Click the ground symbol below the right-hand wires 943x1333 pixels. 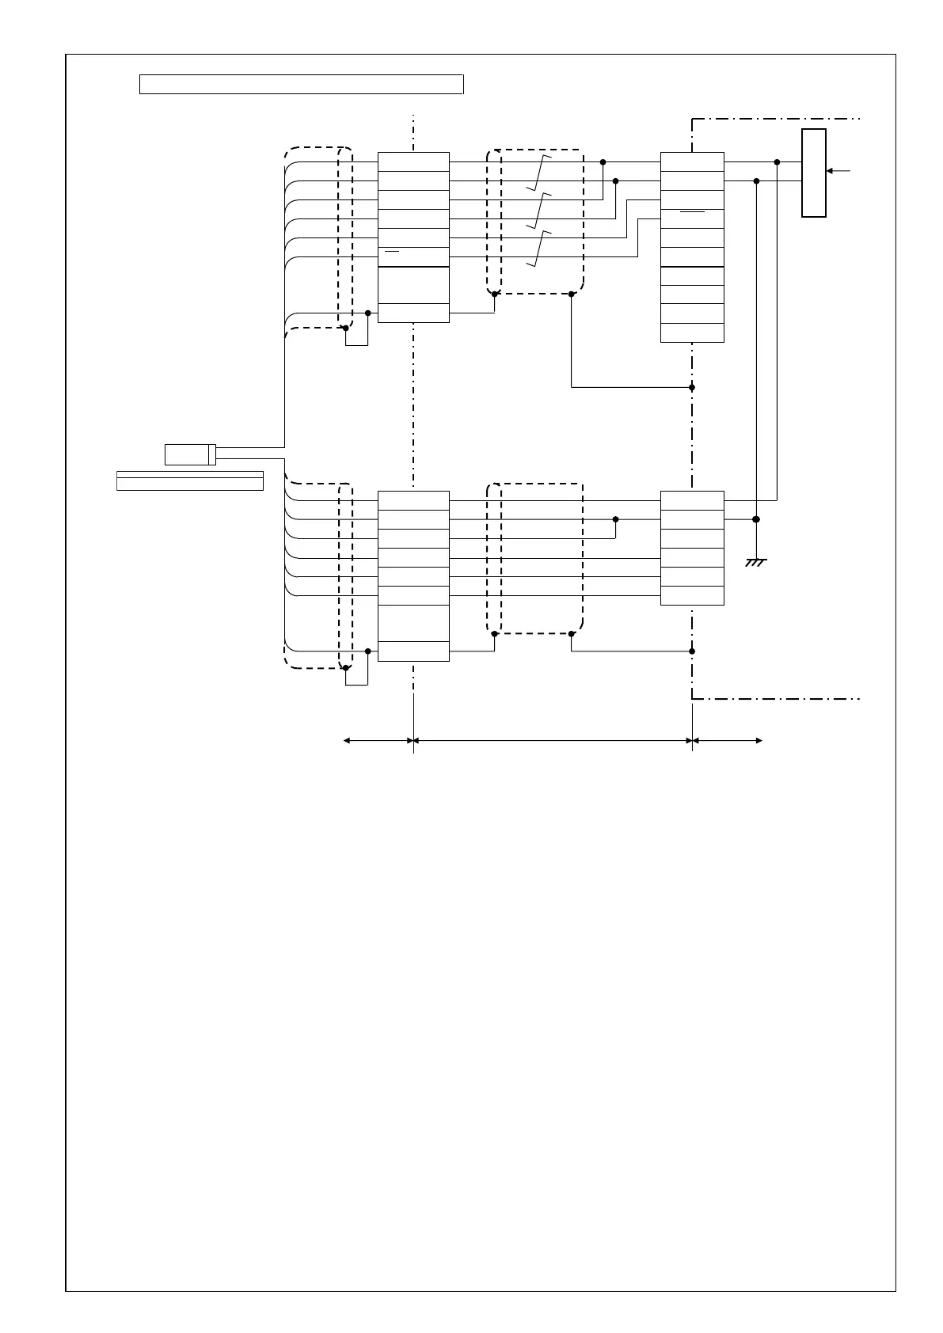coord(756,563)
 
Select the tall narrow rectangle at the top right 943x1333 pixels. coord(814,173)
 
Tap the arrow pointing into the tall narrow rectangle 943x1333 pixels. coord(838,170)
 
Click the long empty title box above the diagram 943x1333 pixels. coord(301,84)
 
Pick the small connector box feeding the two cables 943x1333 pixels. coord(190,454)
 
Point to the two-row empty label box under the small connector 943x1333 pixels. coord(190,480)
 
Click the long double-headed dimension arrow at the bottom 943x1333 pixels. coord(553,741)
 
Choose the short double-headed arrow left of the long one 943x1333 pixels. coord(378,741)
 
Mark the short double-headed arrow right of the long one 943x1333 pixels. coord(727,741)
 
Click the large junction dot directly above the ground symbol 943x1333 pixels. coord(756,519)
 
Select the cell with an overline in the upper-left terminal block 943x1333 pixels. coord(413,256)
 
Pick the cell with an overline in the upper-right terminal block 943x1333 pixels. coord(692,218)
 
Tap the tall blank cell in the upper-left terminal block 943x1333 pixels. coord(413,285)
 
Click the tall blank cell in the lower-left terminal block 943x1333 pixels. coord(413,623)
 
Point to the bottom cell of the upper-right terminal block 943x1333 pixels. coord(692,332)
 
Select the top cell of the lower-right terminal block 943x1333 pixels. coord(692,500)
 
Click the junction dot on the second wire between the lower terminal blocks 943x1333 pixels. coord(615,519)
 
